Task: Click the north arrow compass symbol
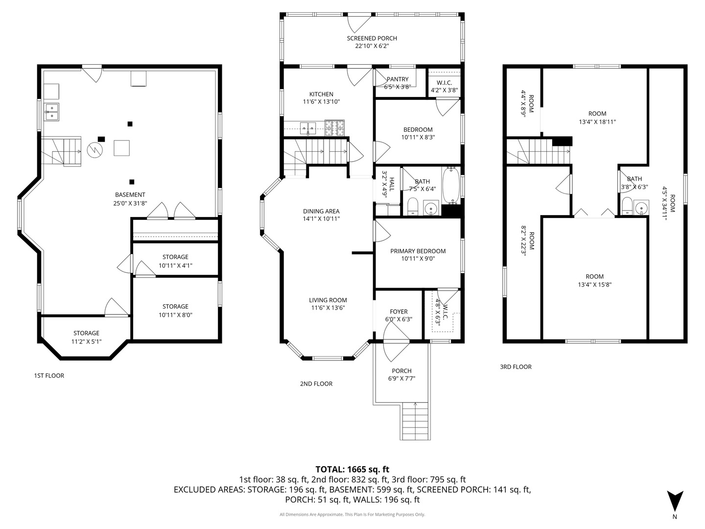pyautogui.click(x=675, y=501)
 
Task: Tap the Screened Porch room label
pyautogui.click(x=372, y=38)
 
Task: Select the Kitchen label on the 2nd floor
pyautogui.click(x=321, y=94)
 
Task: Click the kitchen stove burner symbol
pyautogui.click(x=335, y=128)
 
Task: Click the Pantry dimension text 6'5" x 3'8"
pyautogui.click(x=397, y=87)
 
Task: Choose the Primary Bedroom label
pyautogui.click(x=418, y=251)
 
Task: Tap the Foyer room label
pyautogui.click(x=399, y=312)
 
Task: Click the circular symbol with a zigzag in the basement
pyautogui.click(x=94, y=150)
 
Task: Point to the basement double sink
pyautogui.click(x=51, y=112)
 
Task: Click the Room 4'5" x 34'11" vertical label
pyautogui.click(x=669, y=204)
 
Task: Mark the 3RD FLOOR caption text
pyautogui.click(x=516, y=366)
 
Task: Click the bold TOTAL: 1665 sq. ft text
pyautogui.click(x=352, y=469)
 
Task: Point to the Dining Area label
pyautogui.click(x=321, y=211)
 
